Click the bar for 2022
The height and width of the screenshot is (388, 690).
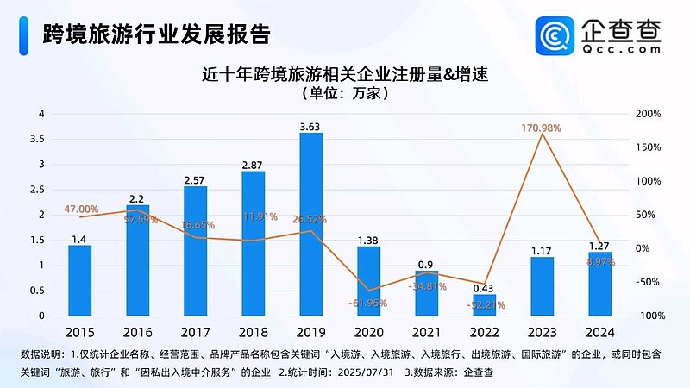click(x=484, y=304)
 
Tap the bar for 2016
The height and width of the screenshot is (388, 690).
click(x=137, y=260)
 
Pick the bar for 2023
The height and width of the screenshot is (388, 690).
click(x=542, y=285)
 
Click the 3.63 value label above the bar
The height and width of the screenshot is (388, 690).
click(x=310, y=126)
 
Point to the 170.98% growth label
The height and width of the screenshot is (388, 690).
click(x=541, y=128)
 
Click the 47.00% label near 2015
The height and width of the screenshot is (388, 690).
click(x=81, y=209)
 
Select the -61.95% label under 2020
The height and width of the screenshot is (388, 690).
click(x=368, y=303)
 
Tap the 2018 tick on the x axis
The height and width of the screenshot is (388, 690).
click(x=253, y=332)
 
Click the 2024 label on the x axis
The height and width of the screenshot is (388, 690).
click(x=599, y=332)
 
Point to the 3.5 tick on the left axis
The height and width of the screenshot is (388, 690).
click(x=37, y=139)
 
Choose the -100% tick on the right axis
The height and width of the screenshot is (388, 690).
click(x=645, y=316)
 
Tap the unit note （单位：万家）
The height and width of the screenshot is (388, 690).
click(x=345, y=93)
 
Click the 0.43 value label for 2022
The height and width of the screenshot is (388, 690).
click(x=484, y=287)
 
